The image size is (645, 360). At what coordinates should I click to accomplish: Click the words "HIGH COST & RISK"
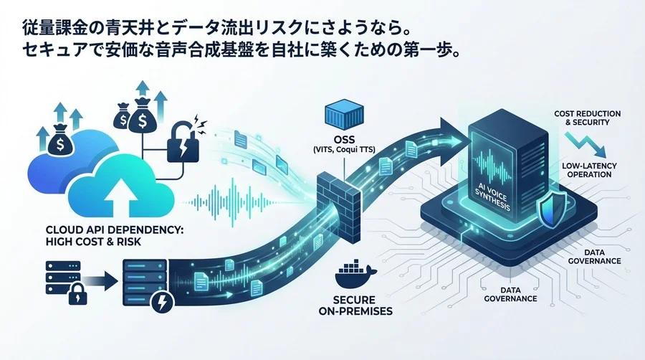68,243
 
